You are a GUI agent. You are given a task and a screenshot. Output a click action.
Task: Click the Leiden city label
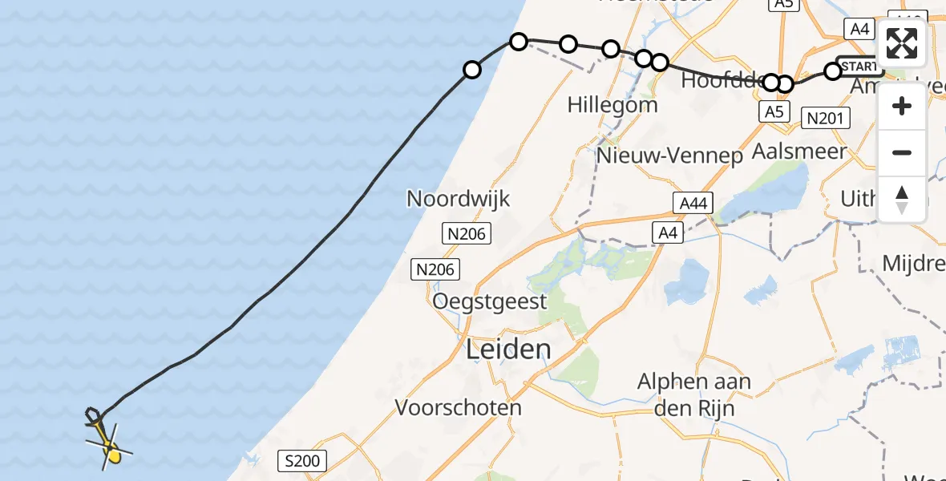[x=508, y=350]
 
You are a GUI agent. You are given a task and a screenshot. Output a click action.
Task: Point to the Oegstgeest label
[x=489, y=302]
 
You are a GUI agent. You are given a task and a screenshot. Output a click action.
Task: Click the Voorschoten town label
[x=459, y=407]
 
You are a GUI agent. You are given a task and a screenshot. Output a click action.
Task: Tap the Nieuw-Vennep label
[x=670, y=156]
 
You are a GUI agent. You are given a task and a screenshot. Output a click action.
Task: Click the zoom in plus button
[x=902, y=106]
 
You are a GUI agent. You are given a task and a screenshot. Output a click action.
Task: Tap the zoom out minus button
[x=902, y=152]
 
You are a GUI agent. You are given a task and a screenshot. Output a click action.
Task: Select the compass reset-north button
[x=902, y=199]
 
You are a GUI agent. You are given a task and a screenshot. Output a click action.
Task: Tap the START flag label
[x=859, y=66]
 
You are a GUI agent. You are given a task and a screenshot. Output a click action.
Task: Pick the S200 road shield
[x=302, y=461]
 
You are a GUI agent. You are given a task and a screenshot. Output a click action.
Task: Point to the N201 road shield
[x=825, y=119]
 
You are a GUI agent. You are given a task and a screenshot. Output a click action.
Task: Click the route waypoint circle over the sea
[x=472, y=70]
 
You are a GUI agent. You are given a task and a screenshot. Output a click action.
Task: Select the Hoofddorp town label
[x=718, y=82]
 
